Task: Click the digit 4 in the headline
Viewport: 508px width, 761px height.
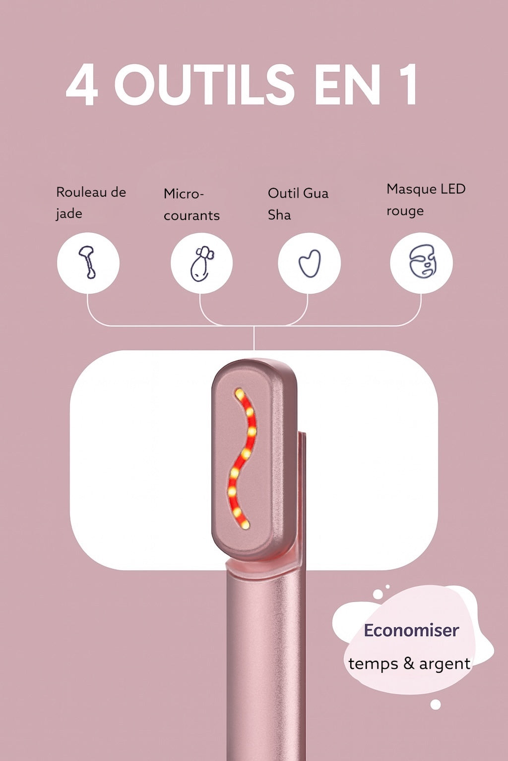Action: tap(82, 85)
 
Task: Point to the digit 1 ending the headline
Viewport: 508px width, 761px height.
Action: tap(407, 85)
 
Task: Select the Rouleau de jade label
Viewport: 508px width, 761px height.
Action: tap(91, 203)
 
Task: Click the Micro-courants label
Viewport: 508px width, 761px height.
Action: tap(191, 204)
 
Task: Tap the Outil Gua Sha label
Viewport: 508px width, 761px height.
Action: tap(298, 204)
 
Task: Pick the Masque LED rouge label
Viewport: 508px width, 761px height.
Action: tap(426, 200)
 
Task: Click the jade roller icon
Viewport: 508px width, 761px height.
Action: tap(88, 262)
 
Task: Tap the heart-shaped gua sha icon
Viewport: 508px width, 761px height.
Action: tap(309, 263)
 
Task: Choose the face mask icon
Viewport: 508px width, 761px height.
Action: tap(421, 263)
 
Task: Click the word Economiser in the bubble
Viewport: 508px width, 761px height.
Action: tap(411, 630)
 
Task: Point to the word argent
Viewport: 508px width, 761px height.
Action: tap(444, 664)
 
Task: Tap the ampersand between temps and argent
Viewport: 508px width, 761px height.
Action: tap(409, 663)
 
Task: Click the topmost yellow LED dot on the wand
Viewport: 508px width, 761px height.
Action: tap(240, 393)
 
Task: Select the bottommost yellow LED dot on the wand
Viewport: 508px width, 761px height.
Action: tap(245, 524)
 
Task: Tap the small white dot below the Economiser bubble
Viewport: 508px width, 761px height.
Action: tap(436, 705)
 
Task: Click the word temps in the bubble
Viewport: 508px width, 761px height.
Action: tap(374, 664)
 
